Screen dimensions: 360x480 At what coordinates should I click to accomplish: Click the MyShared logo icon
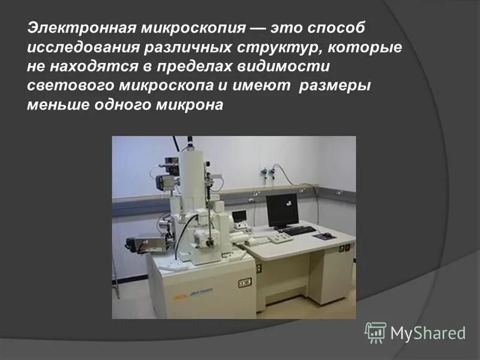point(376,332)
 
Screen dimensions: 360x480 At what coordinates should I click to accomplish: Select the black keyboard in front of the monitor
point(296,230)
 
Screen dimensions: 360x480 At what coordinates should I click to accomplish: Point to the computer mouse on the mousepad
point(326,235)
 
